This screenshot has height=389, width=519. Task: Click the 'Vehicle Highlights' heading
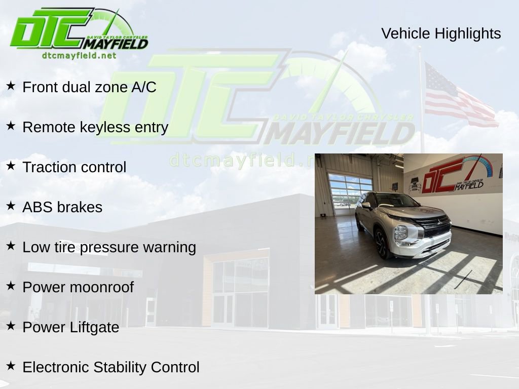pos(441,33)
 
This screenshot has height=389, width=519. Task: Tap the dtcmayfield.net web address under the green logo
pos(79,56)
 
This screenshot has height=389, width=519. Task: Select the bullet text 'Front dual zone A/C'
pos(89,87)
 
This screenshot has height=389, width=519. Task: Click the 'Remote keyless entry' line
pos(95,127)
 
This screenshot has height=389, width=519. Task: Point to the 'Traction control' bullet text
pos(75,167)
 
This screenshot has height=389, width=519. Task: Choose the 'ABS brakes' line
pos(62,207)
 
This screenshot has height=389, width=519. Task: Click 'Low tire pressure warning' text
pos(109,247)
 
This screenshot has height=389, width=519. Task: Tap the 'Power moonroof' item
pos(78,287)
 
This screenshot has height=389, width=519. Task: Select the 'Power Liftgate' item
pos(71,327)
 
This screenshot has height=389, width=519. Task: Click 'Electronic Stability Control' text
pos(111,367)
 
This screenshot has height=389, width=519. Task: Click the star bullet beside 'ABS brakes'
pos(11,206)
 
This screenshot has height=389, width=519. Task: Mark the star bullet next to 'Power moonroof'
pos(11,286)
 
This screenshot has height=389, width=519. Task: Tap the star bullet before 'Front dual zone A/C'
pos(11,86)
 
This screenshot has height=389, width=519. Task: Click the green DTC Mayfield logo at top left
pos(79,30)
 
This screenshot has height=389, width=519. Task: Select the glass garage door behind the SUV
pos(350,192)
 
